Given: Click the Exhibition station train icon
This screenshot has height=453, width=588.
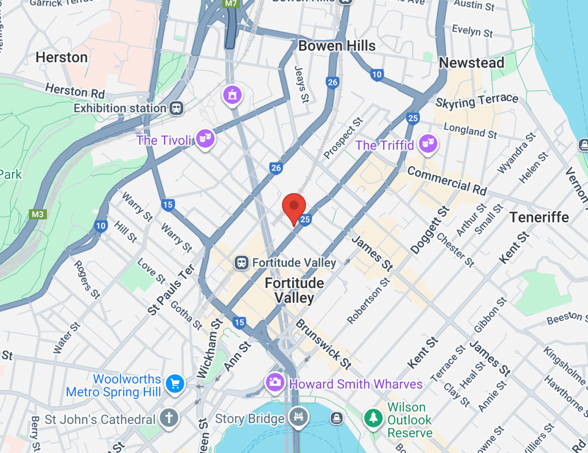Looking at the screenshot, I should click(176, 108).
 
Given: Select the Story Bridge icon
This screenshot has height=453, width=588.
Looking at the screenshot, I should click(298, 417).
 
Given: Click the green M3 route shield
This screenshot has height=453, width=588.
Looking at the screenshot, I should click(38, 214).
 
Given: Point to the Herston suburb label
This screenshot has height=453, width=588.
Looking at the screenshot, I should click(62, 57).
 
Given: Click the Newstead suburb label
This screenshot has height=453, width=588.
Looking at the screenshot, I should click(471, 63).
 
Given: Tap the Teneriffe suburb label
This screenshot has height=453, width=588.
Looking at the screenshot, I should click(539, 217).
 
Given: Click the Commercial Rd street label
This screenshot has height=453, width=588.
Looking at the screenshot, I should click(447, 181).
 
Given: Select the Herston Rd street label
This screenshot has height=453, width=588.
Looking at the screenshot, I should click(75, 91).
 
